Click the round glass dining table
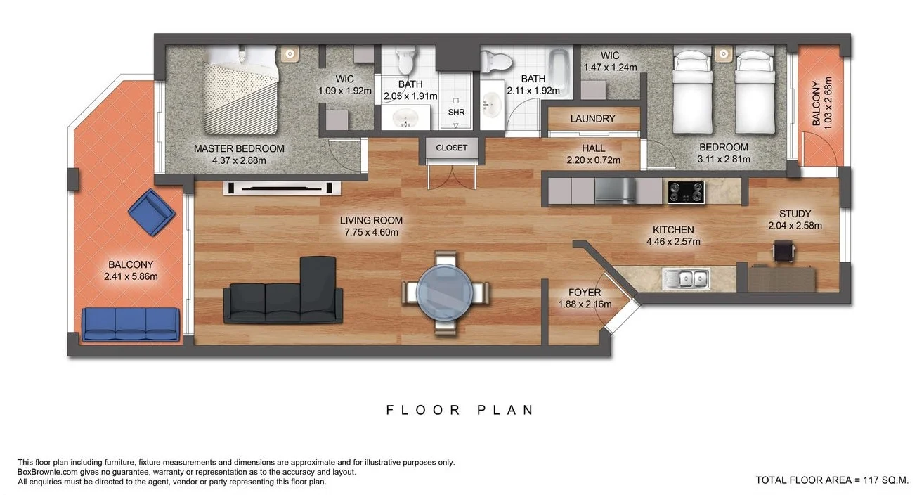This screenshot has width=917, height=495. coord(444,291)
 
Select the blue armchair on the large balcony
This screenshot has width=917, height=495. coord(152,212)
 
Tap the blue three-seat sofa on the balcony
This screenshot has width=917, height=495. coord(131,324)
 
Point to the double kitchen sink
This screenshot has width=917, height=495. coord(686,279)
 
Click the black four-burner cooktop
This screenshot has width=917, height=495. coord(686,191)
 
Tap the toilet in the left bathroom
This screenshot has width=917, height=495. coord(405,60)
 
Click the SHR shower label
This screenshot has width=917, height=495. coord(456,112)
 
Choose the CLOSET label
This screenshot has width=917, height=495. coord(451,148)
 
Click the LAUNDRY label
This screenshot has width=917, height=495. coord(592,119)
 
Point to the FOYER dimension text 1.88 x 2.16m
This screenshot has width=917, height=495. coord(585,304)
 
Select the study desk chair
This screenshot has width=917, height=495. coord(783,251)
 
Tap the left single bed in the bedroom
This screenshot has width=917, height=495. coord(692,89)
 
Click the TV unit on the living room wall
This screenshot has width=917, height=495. coord(282,188)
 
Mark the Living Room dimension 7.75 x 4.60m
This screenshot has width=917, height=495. coord(372,232)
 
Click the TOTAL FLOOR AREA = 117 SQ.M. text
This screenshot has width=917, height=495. coord(832,480)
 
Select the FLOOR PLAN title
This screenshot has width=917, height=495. coord(460,410)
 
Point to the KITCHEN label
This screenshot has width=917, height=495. coord(672,230)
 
